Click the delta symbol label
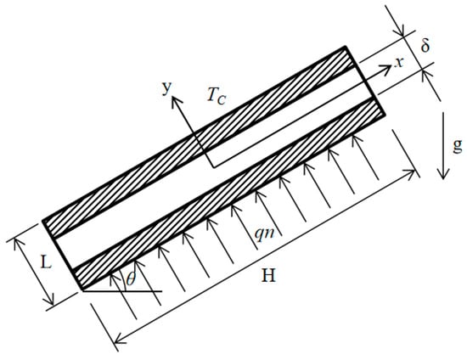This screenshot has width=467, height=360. tap(425, 45)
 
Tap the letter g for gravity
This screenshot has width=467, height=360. tap(458, 145)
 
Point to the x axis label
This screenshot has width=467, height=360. tap(399, 63)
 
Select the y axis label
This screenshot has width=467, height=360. tap(167, 87)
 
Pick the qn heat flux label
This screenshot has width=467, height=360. tap(264, 233)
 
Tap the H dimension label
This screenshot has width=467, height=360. tap(268, 275)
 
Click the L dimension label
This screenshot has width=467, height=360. tap(46, 262)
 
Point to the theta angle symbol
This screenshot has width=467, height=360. tap(131, 278)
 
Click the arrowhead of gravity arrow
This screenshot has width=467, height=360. tap(443, 175)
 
